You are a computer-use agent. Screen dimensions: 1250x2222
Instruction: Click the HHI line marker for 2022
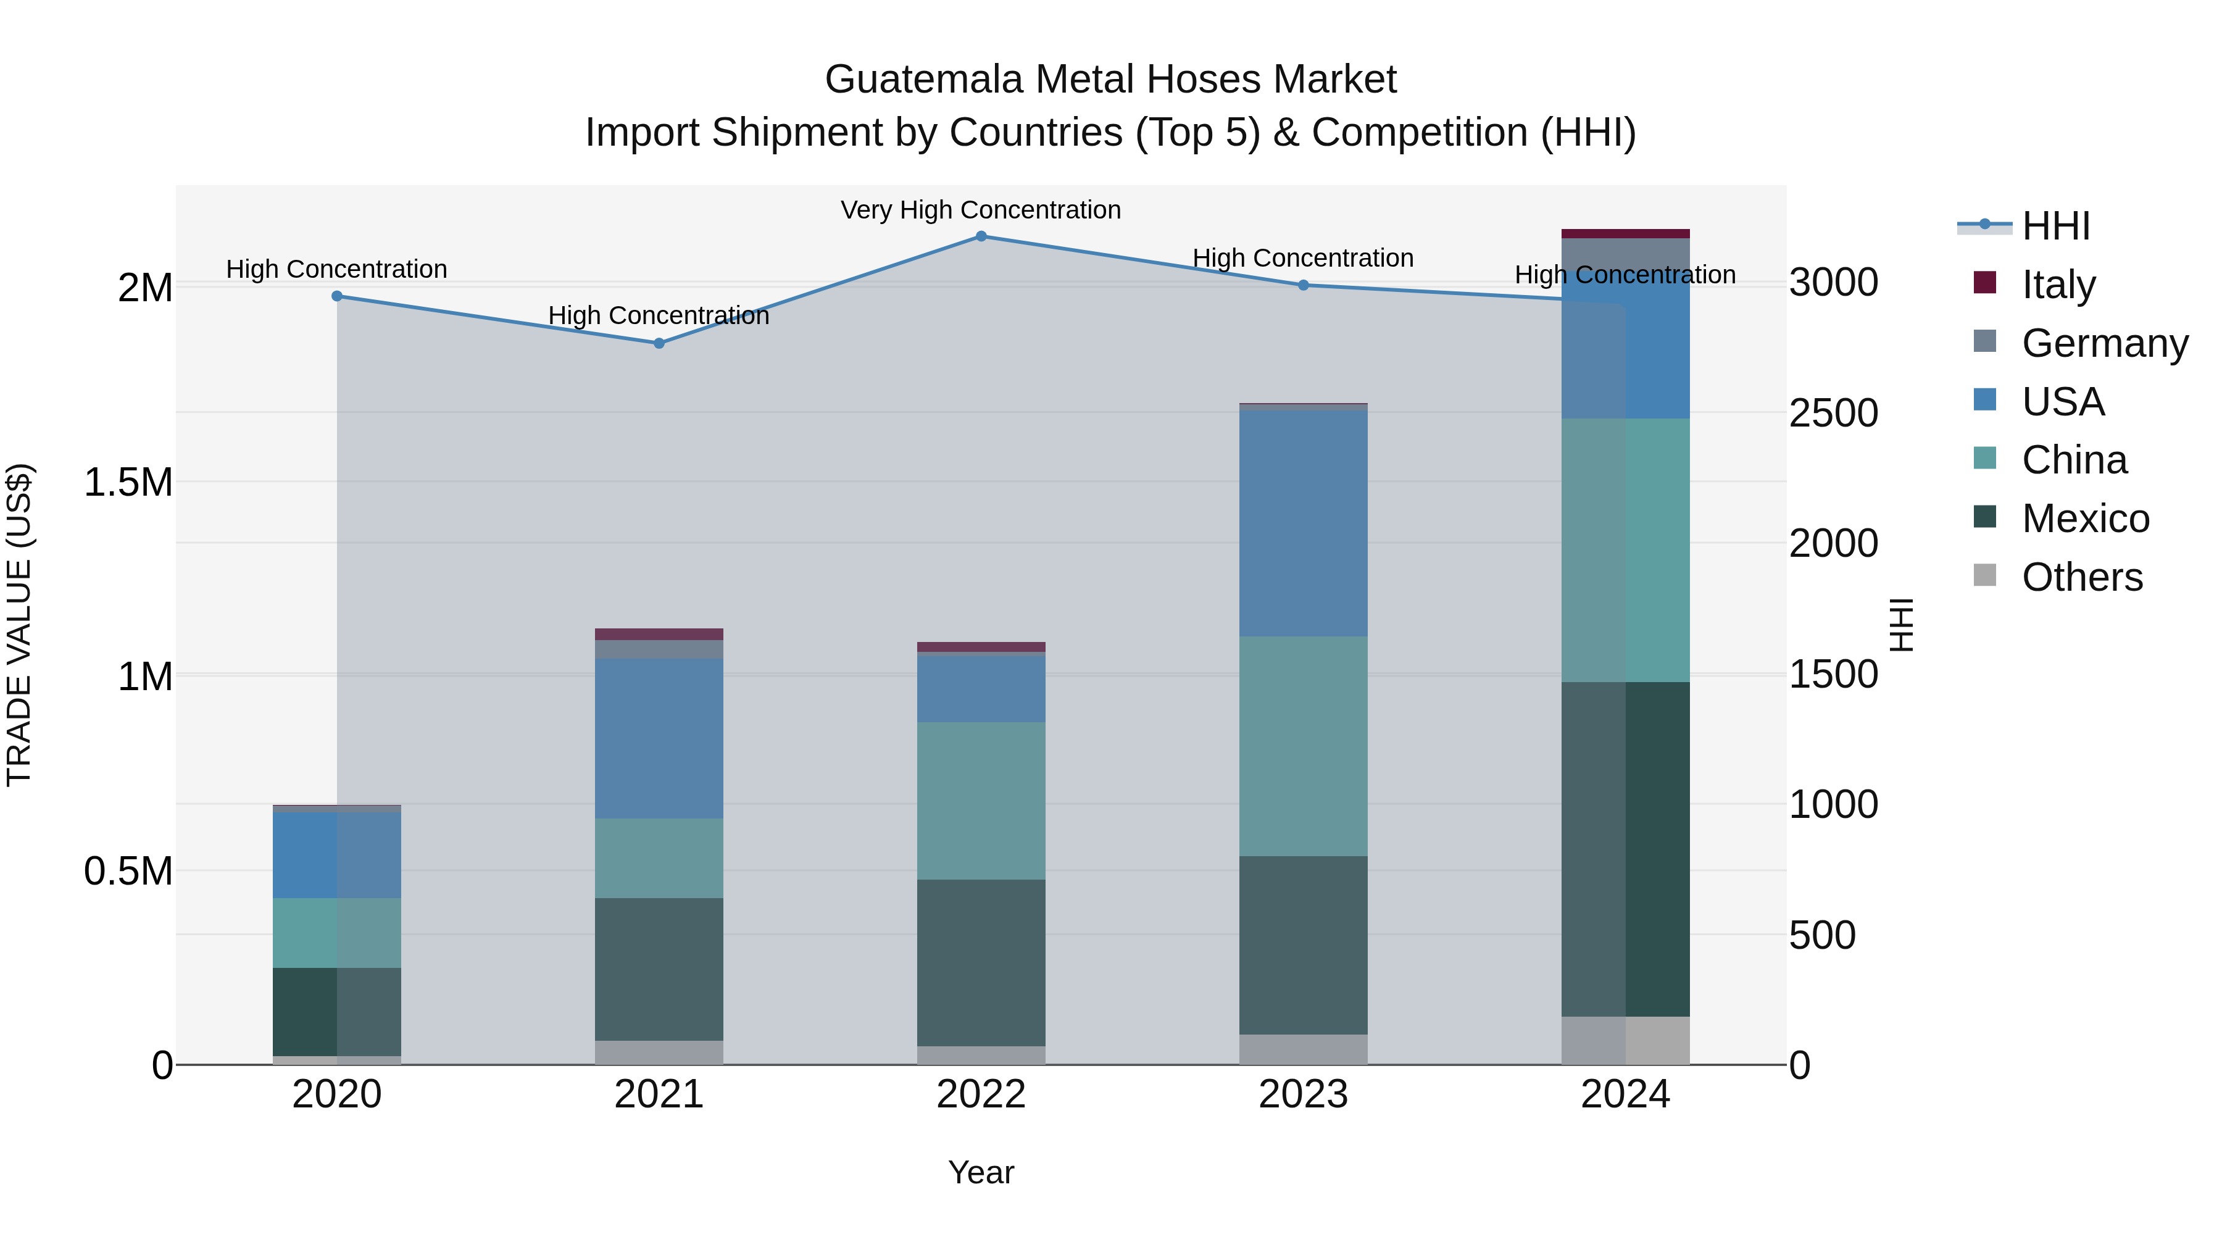[x=981, y=236]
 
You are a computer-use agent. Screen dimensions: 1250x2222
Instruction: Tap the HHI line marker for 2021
[x=659, y=343]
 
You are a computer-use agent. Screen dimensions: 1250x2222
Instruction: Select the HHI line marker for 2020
[x=337, y=296]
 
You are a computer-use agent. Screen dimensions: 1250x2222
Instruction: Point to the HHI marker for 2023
[x=1304, y=285]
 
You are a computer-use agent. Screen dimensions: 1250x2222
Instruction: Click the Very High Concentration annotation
[x=981, y=210]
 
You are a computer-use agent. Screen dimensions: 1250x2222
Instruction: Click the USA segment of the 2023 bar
[x=1304, y=523]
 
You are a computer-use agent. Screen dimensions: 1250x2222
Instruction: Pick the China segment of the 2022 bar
[x=981, y=801]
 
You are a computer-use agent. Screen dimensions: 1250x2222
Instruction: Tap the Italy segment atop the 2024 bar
[x=1625, y=234]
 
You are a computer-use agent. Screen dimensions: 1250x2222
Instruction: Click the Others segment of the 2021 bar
[x=659, y=1052]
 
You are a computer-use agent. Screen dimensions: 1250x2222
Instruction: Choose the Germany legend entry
[x=2105, y=343]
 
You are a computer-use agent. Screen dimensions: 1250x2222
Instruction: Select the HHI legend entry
[x=2055, y=226]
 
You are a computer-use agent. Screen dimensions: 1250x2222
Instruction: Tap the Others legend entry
[x=2081, y=577]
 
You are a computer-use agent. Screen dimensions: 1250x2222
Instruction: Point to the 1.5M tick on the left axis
[x=128, y=482]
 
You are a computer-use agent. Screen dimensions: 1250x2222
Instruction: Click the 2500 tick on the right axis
[x=1833, y=412]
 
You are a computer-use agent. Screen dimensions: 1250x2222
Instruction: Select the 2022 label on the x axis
[x=981, y=1094]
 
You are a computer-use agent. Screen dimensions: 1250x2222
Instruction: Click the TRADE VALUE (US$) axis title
[x=19, y=625]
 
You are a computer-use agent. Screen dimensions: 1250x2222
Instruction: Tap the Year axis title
[x=981, y=1172]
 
